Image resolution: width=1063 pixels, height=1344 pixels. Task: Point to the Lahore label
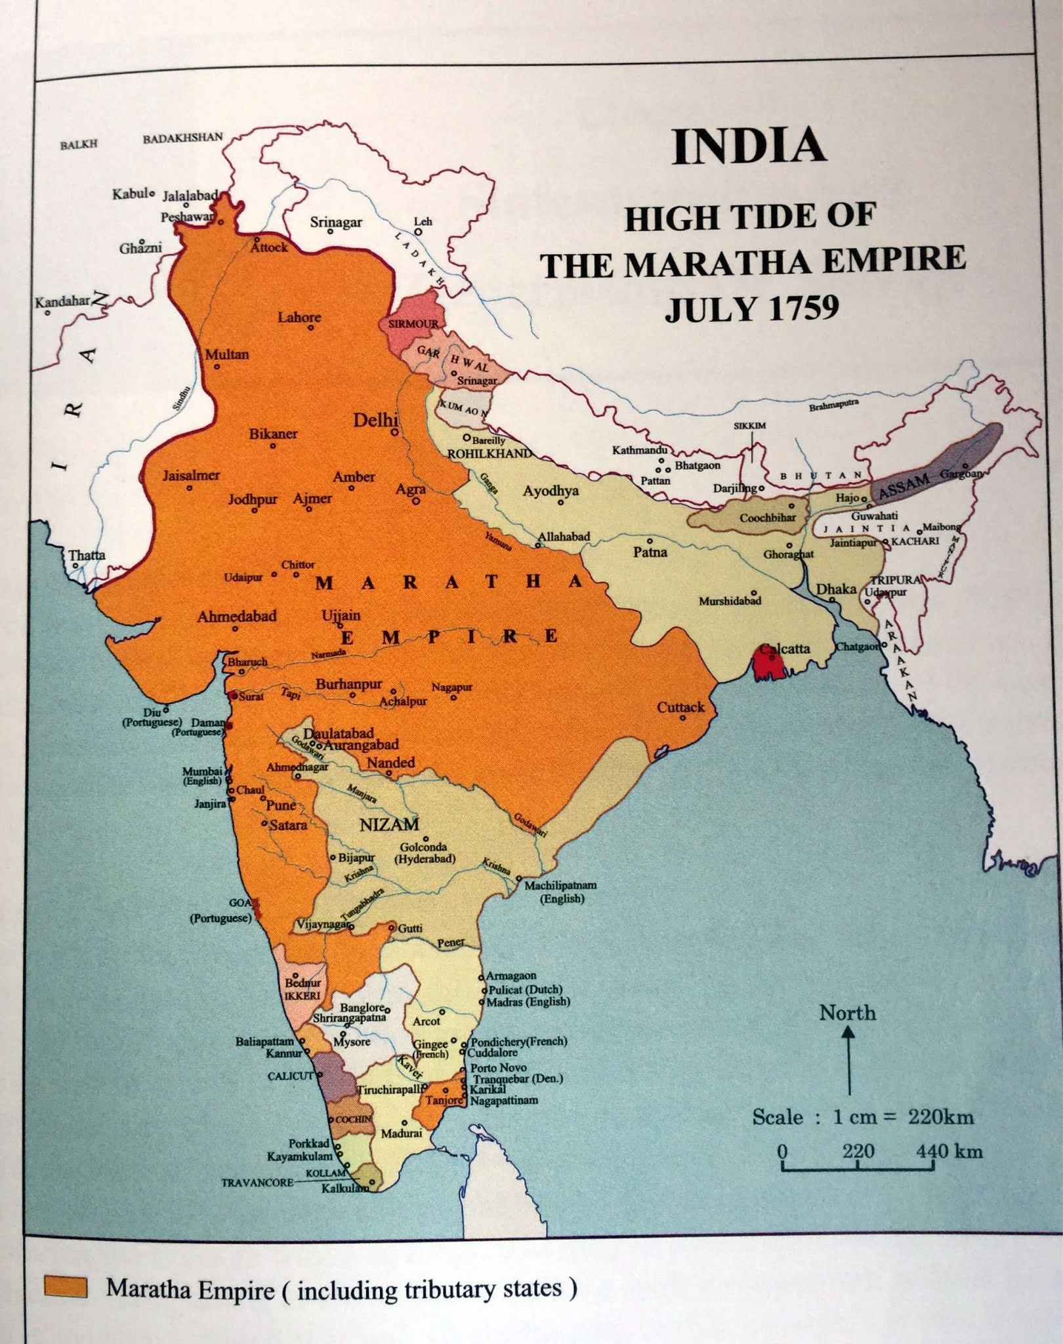299,318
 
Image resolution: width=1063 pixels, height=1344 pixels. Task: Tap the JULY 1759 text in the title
751,308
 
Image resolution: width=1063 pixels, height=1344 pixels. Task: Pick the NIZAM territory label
389,825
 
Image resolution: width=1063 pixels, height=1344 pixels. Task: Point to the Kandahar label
62,303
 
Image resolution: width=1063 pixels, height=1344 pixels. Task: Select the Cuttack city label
680,707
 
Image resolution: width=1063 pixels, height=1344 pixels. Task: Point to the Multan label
227,354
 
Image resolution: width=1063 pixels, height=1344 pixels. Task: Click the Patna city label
650,552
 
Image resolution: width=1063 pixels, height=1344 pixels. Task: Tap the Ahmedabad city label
237,616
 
